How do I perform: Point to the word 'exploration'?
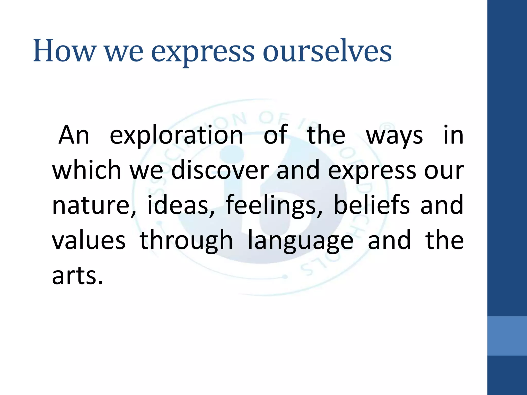click(x=176, y=135)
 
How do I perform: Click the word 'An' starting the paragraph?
click(x=74, y=135)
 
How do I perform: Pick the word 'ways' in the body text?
click(x=394, y=136)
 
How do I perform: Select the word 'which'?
click(x=86, y=170)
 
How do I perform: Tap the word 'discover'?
click(x=220, y=170)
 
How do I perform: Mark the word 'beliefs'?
click(x=372, y=205)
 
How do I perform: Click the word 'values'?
click(x=89, y=240)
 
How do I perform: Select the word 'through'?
click(x=186, y=241)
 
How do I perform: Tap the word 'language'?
click(x=300, y=241)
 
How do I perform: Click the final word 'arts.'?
click(x=77, y=276)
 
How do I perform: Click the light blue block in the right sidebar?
click(x=507, y=336)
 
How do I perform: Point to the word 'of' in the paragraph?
click(x=276, y=135)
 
